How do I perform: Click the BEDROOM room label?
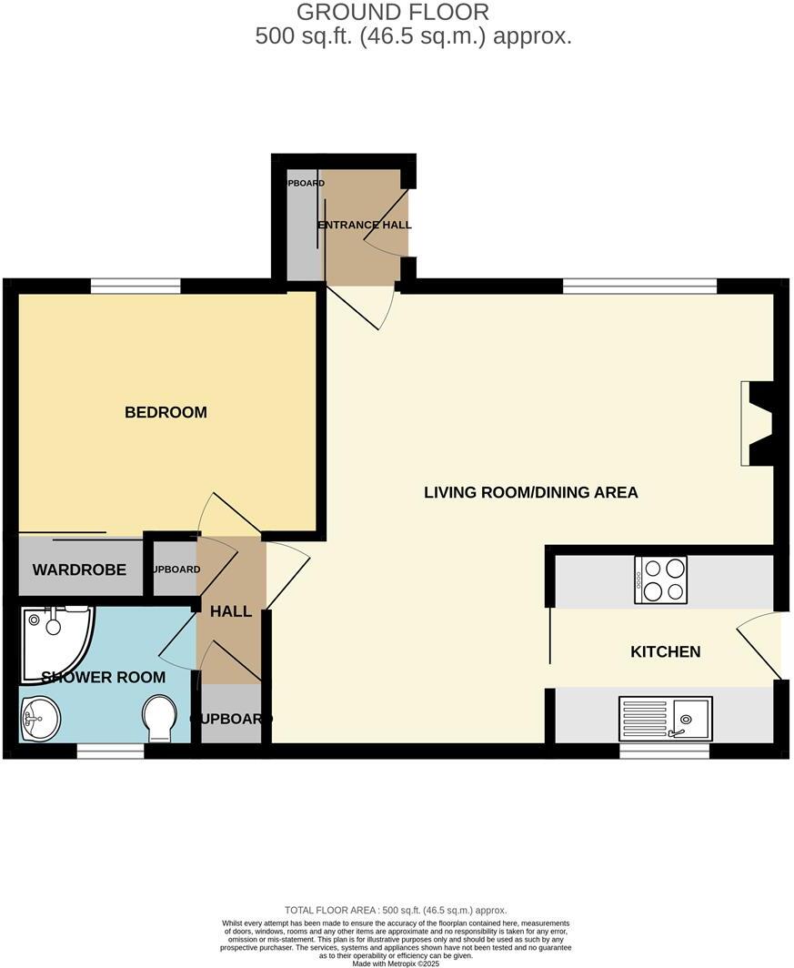pyautogui.click(x=166, y=412)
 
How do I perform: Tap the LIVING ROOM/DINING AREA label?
pyautogui.click(x=531, y=492)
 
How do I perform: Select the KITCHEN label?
pyautogui.click(x=666, y=651)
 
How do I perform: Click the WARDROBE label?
pyautogui.click(x=79, y=570)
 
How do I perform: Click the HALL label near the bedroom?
pyautogui.click(x=231, y=611)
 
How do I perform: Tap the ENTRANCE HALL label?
pyautogui.click(x=364, y=225)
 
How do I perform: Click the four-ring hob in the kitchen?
pyautogui.click(x=662, y=580)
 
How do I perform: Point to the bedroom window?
pyautogui.click(x=135, y=287)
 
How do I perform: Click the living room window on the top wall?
pyautogui.click(x=639, y=287)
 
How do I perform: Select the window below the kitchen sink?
pyautogui.click(x=664, y=751)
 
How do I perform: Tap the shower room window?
pyautogui.click(x=110, y=751)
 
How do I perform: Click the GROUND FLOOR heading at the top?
pyautogui.click(x=393, y=13)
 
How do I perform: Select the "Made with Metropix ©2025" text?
pyautogui.click(x=397, y=963)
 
